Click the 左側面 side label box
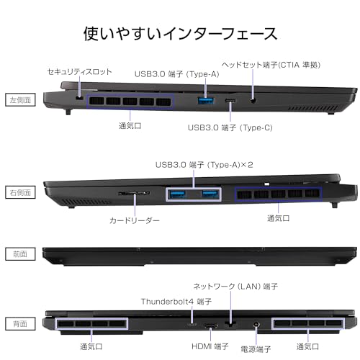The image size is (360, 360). (x=20, y=100)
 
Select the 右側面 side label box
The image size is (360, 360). (x=20, y=192)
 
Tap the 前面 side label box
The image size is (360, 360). (x=20, y=254)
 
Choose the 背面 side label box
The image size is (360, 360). (x=20, y=323)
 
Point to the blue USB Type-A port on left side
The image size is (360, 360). (x=206, y=100)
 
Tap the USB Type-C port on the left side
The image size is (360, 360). (x=230, y=101)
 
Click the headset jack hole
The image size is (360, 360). (x=253, y=100)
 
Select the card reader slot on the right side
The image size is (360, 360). (x=134, y=193)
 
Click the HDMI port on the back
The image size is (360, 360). (x=211, y=326)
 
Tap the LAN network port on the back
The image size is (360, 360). (x=230, y=324)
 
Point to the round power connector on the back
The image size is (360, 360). (x=256, y=325)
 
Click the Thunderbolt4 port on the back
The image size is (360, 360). (x=192, y=325)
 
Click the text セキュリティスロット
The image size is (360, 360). (x=80, y=71)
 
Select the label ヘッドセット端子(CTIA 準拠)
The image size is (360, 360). (x=271, y=65)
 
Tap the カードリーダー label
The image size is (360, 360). (x=135, y=220)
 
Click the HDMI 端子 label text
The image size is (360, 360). (x=210, y=346)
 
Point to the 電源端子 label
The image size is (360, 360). (x=256, y=349)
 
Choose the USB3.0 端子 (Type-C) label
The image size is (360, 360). (x=230, y=127)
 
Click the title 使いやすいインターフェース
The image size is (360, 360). (x=181, y=34)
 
